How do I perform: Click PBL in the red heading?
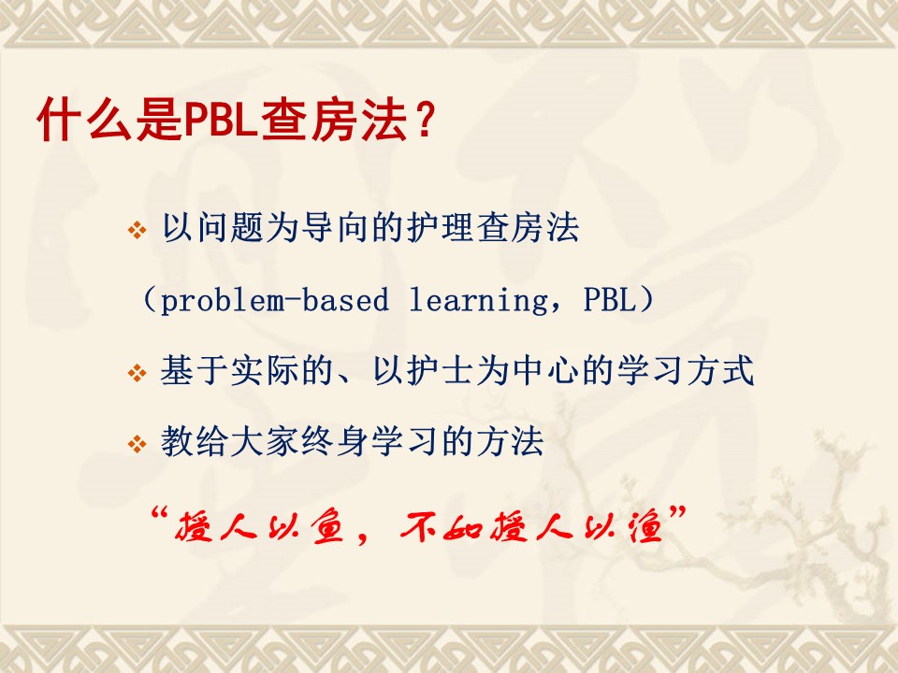tap(220, 120)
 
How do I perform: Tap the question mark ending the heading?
tap(425, 120)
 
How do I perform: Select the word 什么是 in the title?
tap(109, 120)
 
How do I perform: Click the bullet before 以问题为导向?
tap(137, 230)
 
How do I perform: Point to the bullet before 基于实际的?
tap(137, 373)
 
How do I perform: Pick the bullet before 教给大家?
tap(137, 443)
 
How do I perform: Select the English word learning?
tap(478, 300)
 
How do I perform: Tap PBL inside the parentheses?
tap(609, 299)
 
